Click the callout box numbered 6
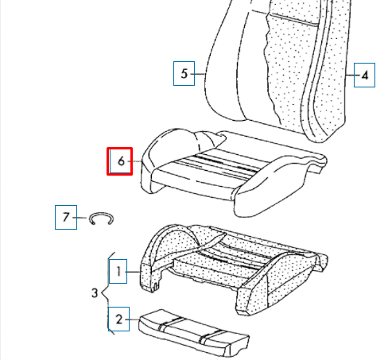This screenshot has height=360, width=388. point(121,161)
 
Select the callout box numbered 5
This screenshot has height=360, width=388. point(184,75)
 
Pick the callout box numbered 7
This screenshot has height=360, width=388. point(66,216)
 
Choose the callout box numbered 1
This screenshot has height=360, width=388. point(118,273)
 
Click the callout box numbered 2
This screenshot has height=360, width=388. point(118,319)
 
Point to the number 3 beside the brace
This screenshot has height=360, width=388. point(95,294)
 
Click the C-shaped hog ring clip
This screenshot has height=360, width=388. point(101,219)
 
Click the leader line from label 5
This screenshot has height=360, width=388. point(200,75)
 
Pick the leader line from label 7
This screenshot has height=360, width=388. point(82,216)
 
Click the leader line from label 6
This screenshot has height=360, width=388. point(138,162)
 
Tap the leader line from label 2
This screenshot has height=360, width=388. point(134,319)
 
